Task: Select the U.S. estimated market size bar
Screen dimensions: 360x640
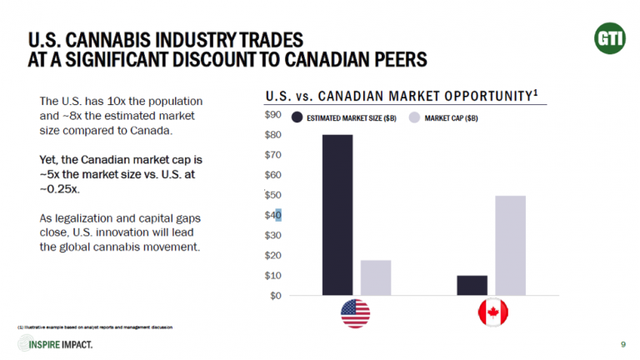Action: point(337,214)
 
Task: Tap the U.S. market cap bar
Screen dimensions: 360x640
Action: point(376,277)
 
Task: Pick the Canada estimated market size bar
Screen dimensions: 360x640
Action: point(472,285)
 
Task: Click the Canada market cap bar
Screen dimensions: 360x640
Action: point(510,245)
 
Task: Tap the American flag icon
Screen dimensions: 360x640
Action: point(355,313)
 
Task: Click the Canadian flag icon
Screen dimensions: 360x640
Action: point(492,313)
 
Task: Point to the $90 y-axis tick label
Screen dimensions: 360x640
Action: point(274,115)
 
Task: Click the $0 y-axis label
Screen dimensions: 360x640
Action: point(276,295)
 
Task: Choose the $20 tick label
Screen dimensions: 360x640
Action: point(274,255)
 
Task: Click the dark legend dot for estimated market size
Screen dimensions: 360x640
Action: point(297,117)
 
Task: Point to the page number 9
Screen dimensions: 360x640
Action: point(623,344)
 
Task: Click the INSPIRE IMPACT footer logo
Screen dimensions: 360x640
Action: point(58,344)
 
